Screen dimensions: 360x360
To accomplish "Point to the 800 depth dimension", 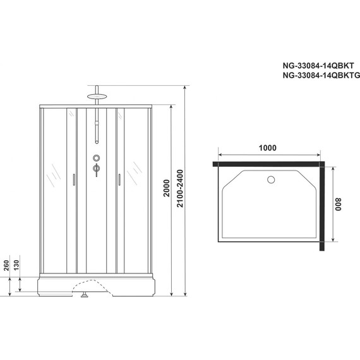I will pos(339,206).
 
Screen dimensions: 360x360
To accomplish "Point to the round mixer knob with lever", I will pos(96,169).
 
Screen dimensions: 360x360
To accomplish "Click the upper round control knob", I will pos(96,158).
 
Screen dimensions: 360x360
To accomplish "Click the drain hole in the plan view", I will pos(271,179).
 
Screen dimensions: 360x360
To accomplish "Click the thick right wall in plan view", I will pos(322,205).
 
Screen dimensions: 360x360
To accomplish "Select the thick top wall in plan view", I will pos(267,164).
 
